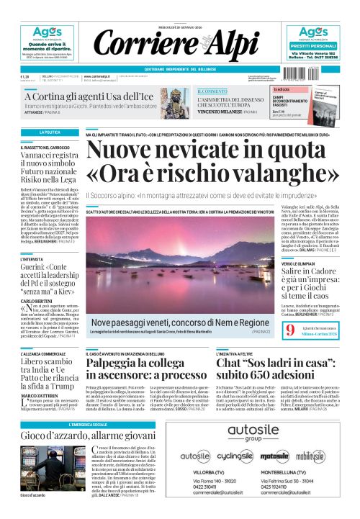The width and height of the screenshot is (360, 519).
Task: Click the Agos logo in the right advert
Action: pyautogui.click(x=313, y=32)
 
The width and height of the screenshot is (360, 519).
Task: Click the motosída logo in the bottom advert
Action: pyautogui.click(x=274, y=456)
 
